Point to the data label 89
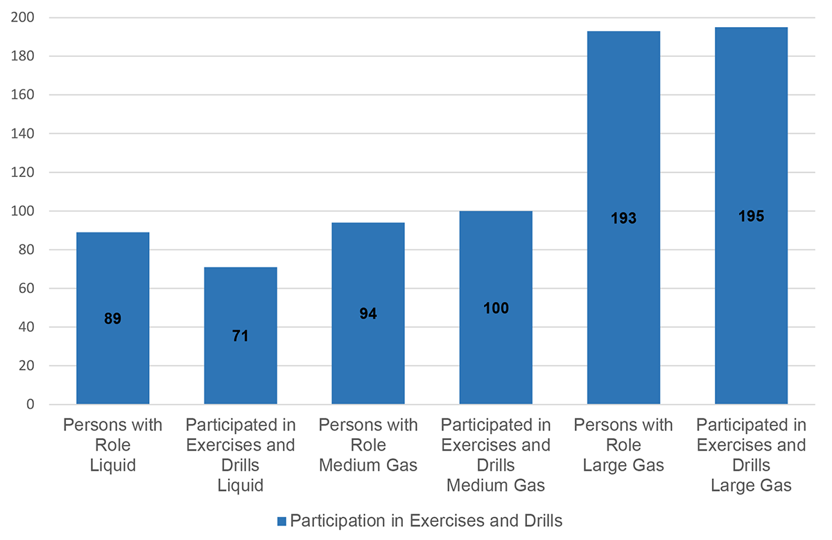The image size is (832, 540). tap(112, 319)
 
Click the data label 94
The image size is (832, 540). tap(368, 314)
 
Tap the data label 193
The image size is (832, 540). tap(623, 219)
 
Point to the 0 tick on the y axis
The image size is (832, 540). tap(33, 405)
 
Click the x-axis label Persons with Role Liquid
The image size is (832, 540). tap(112, 445)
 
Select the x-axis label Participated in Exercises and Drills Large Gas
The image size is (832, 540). tap(751, 455)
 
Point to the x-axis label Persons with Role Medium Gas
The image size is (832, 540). tap(368, 445)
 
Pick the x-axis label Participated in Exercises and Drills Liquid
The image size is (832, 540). tap(240, 455)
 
